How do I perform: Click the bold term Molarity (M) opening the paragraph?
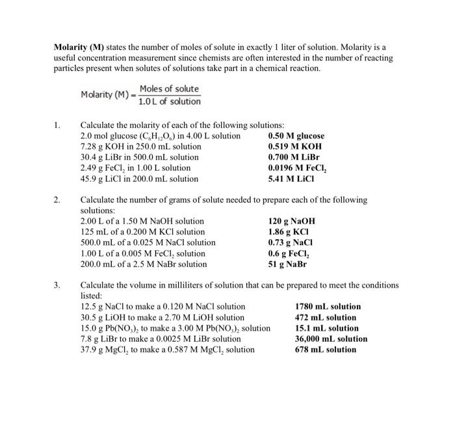coord(79,47)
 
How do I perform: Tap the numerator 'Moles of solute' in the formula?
coord(169,88)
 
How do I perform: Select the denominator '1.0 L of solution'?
coord(170,101)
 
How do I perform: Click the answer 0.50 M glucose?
coord(296,136)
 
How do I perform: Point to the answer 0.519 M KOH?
coord(294,146)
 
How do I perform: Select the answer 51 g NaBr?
coord(287,264)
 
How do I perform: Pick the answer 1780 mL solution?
coord(328,306)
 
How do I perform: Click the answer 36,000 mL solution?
coord(331,339)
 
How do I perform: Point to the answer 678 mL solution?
coord(326,349)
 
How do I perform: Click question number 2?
coord(57,200)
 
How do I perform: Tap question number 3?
coord(57,285)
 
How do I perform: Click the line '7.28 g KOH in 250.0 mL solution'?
coord(140,146)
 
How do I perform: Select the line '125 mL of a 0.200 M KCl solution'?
coord(142,232)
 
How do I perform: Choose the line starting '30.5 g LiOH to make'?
coord(162,317)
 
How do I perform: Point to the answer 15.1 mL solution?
coord(326,328)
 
